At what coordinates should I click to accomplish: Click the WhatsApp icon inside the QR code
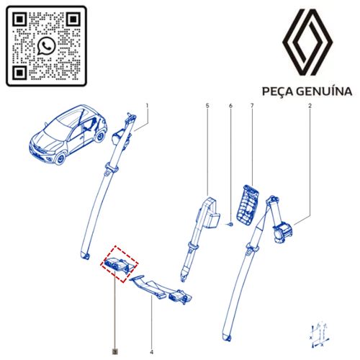(47, 46)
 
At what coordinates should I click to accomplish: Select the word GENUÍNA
(326, 91)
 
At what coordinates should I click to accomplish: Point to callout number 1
(148, 106)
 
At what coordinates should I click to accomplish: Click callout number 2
(310, 106)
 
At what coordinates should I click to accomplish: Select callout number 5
(207, 106)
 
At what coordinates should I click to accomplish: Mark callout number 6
(230, 106)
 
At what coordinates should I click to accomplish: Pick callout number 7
(253, 106)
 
